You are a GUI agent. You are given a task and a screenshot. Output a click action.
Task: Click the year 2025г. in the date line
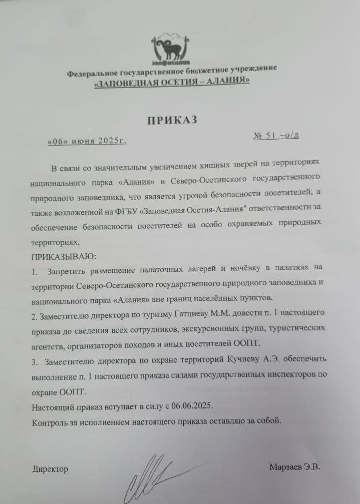coord(113,141)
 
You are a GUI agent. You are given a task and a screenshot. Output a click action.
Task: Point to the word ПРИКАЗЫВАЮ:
coord(60,257)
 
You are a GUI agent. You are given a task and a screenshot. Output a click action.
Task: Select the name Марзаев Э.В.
coord(294,467)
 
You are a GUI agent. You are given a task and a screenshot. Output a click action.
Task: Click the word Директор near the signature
coord(50,469)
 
